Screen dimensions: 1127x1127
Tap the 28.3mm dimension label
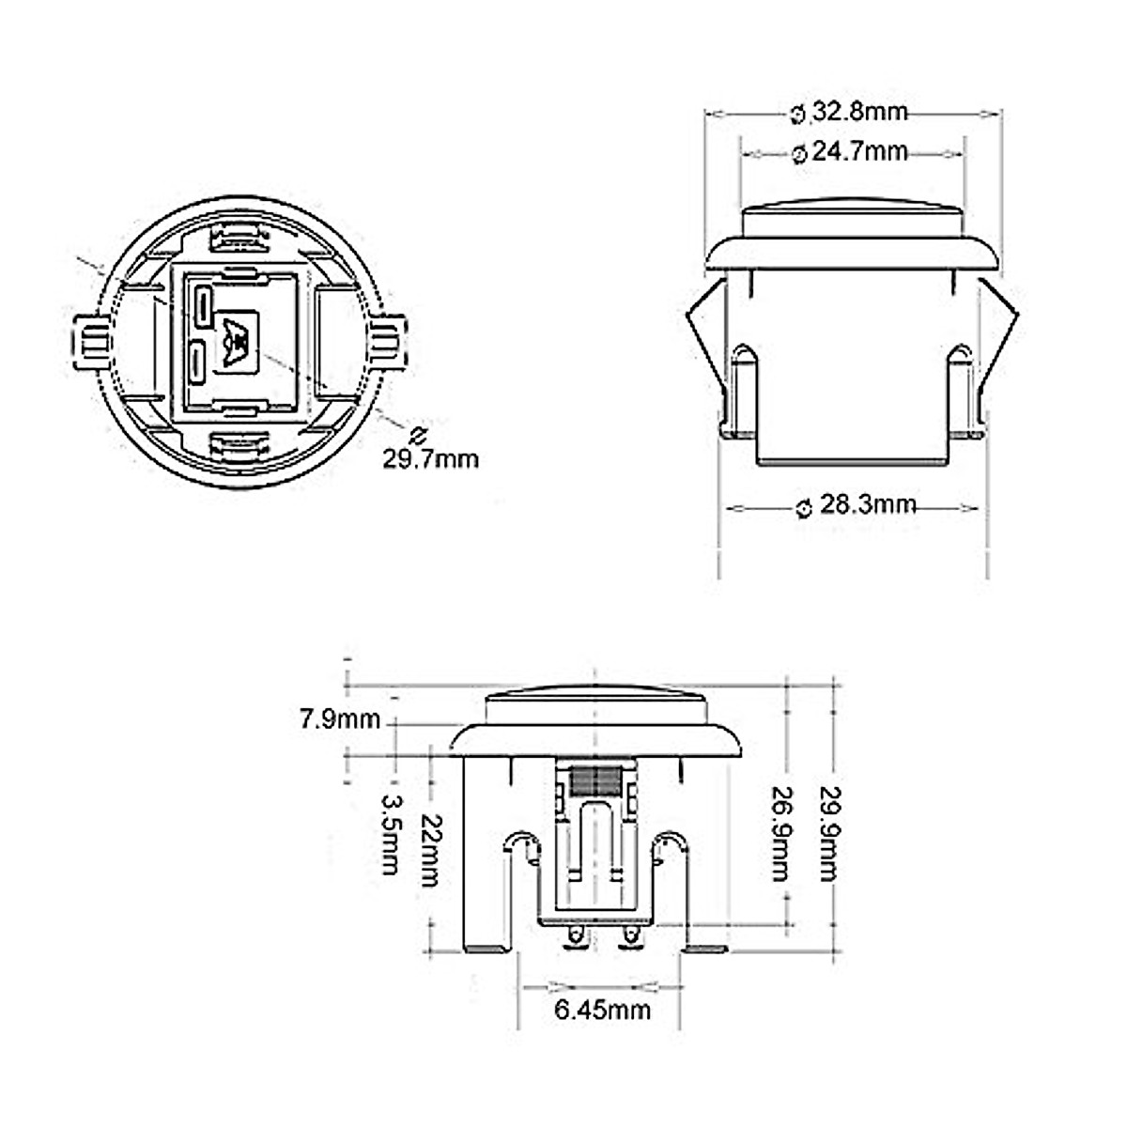[x=857, y=505]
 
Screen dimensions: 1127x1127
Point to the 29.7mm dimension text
[x=430, y=458]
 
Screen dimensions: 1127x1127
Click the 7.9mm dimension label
[x=340, y=719]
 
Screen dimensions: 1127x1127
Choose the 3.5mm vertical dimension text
[x=391, y=834]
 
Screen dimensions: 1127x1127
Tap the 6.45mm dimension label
[x=602, y=1010]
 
